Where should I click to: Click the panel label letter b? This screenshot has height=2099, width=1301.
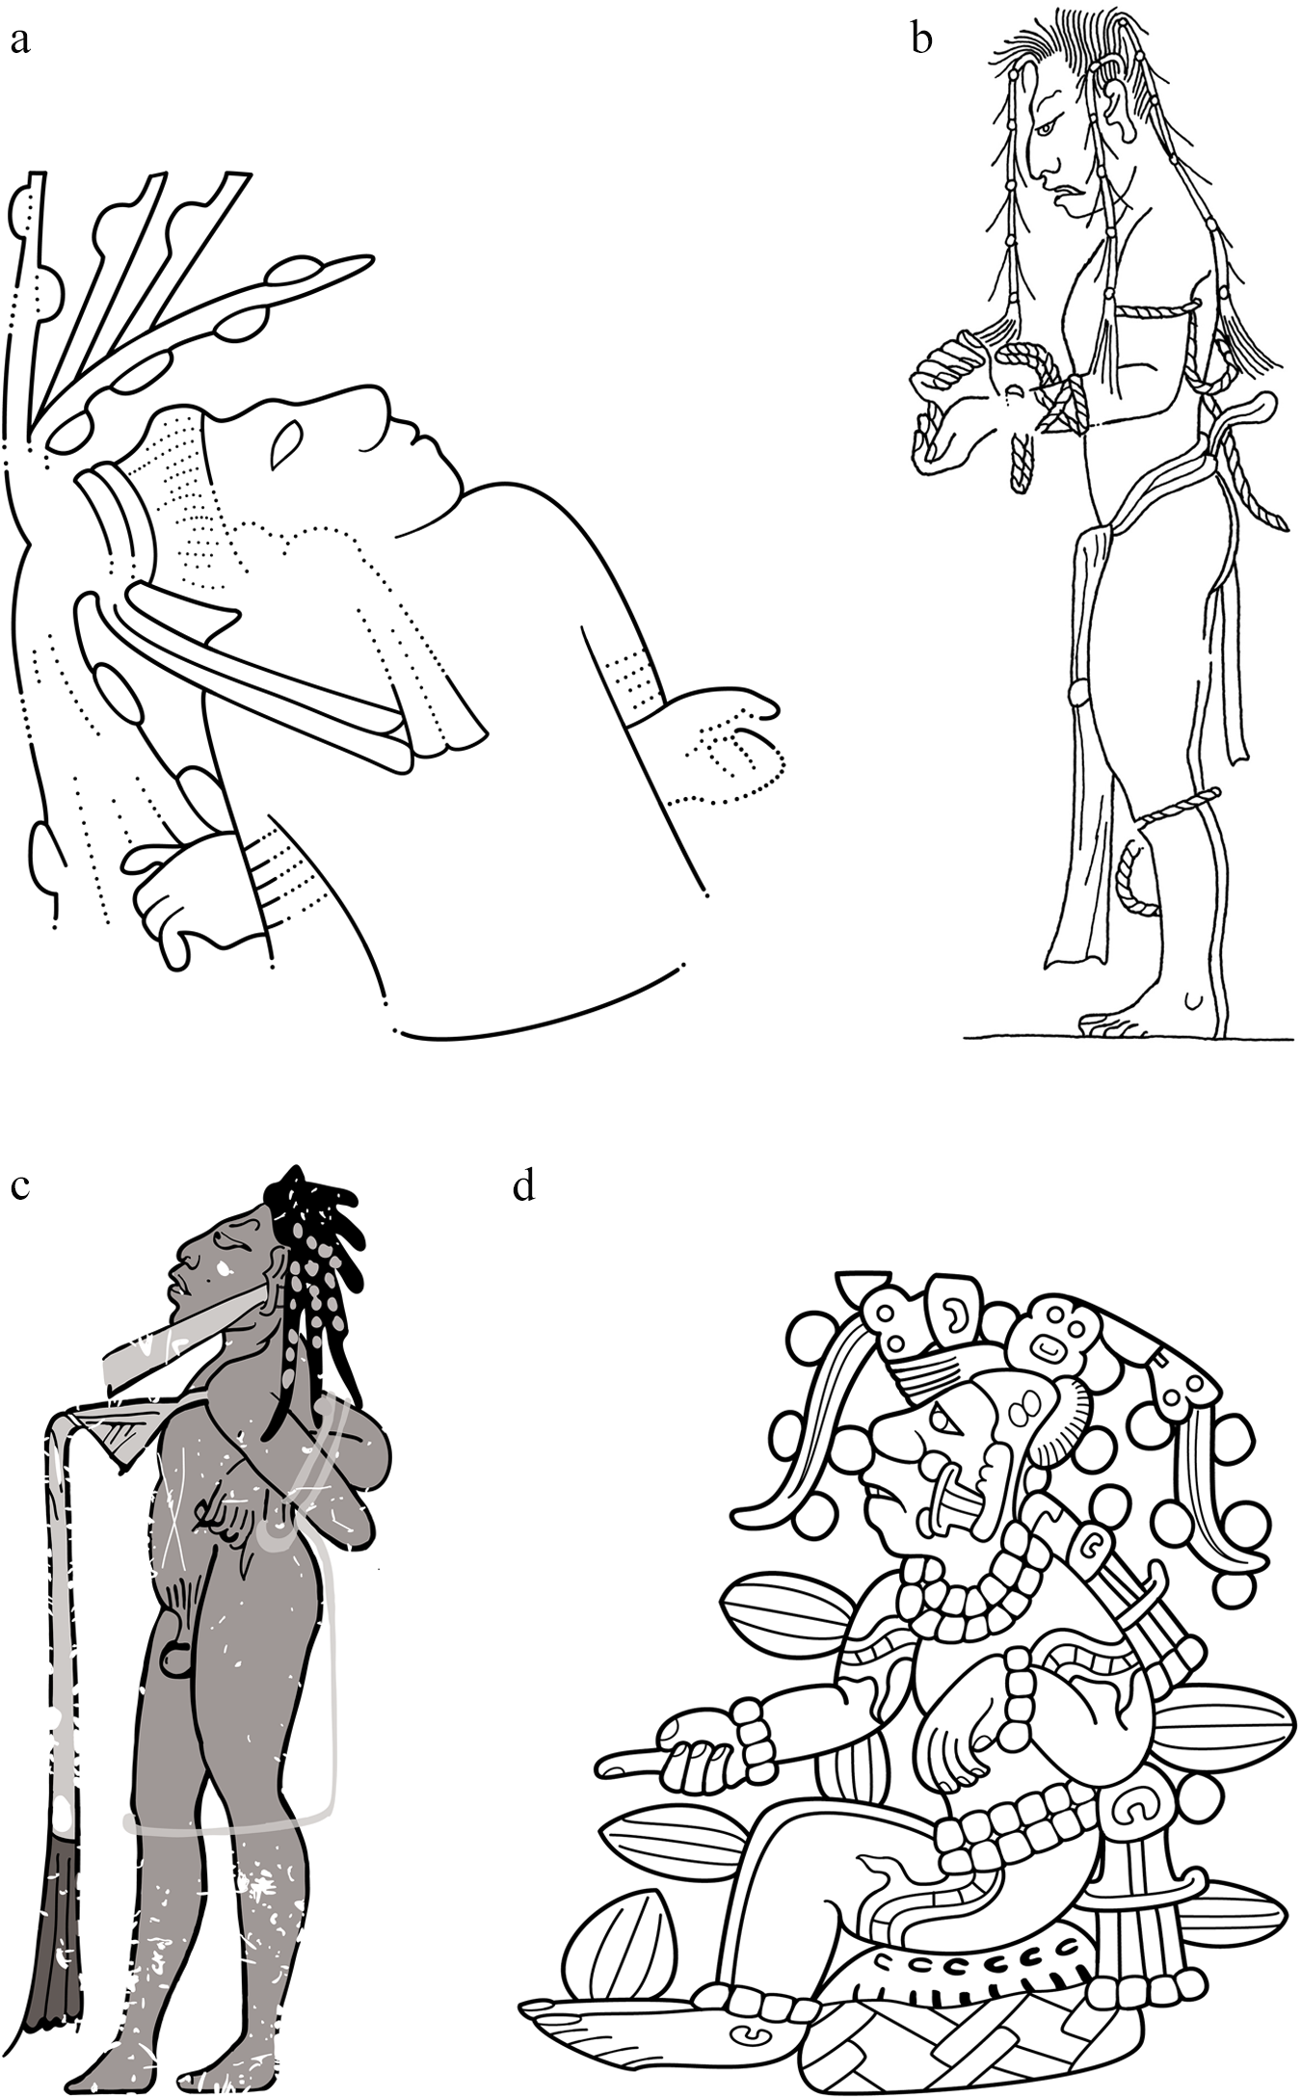point(921,42)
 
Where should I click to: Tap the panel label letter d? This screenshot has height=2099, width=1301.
point(523,1187)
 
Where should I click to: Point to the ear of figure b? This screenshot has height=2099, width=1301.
point(1118,104)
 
